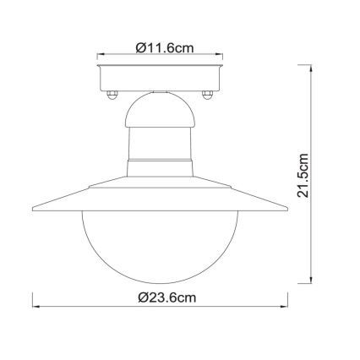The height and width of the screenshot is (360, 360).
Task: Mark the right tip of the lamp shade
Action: (x=285, y=207)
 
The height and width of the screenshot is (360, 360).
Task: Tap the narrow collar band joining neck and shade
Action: (x=159, y=161)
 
